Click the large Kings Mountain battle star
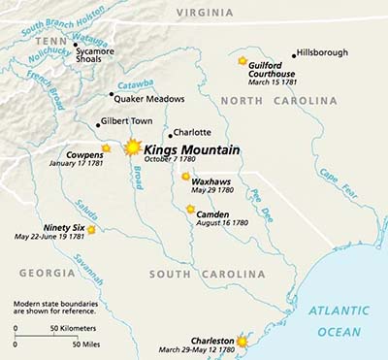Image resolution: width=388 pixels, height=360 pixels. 133,147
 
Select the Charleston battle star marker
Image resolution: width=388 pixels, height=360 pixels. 242,342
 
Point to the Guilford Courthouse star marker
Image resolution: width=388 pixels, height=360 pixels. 242,60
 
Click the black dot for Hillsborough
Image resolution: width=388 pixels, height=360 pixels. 294,55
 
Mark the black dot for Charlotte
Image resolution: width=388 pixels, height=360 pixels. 168,134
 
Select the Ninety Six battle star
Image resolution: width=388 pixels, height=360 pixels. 91,230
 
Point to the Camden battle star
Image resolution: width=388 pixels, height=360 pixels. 190,208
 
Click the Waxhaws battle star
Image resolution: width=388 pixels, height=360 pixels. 185,176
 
